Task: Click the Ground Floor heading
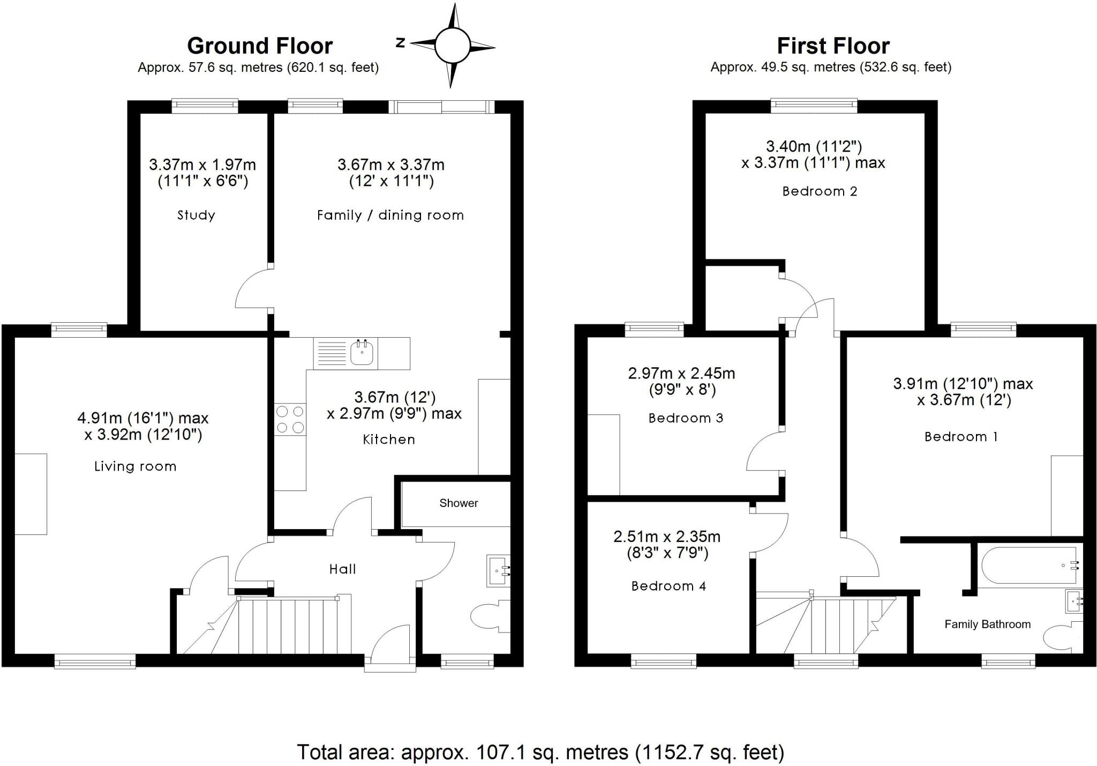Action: point(260,46)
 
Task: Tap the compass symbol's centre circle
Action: point(452,46)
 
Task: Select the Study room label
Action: point(196,215)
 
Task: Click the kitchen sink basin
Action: point(362,353)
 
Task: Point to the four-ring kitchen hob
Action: point(290,419)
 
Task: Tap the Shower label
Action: point(459,503)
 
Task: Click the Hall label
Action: point(342,569)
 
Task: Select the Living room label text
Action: point(135,466)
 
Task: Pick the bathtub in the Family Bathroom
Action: point(1028,566)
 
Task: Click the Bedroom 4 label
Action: point(668,586)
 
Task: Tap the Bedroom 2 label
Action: point(820,191)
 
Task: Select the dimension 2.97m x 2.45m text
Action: point(681,373)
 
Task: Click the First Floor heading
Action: point(833,46)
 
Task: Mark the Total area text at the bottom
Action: point(540,752)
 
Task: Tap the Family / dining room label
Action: point(390,215)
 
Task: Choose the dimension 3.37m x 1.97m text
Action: point(202,165)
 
